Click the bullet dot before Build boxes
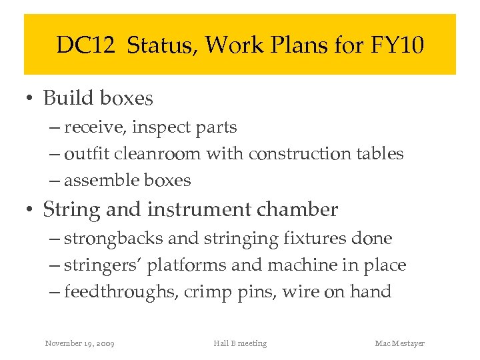pos(30,99)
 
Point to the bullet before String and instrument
pos(30,211)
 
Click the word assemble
pos(99,181)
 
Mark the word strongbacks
pos(115,239)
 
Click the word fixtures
pos(319,239)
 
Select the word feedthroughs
pos(120,292)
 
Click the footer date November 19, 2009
pos(79,343)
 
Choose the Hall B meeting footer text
pos(240,343)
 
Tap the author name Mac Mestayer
pos(399,343)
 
